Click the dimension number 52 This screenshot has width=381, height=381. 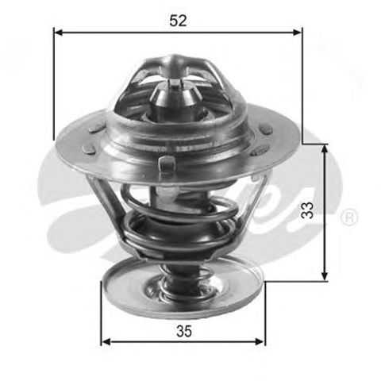[178, 21]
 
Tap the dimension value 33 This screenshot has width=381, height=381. [309, 210]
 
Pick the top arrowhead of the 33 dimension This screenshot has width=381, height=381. [324, 148]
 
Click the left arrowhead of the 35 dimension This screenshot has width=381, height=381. [106, 342]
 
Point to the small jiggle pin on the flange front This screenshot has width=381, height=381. [166, 164]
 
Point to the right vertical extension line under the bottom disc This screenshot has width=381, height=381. [264, 317]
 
